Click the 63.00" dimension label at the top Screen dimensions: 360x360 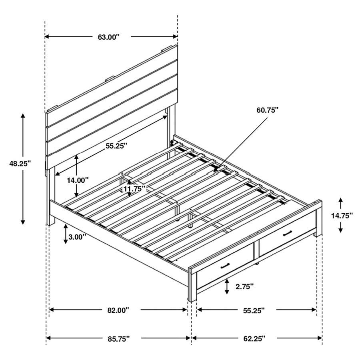click(109, 37)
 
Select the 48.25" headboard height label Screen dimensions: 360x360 click(20, 163)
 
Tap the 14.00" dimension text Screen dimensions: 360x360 click(77, 180)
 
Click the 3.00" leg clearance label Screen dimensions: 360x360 click(77, 237)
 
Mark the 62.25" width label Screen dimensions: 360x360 click(254, 339)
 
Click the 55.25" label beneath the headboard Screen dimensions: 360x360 click(116, 146)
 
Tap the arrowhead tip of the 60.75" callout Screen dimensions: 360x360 click(215, 171)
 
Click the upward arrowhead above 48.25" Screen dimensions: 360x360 click(23, 116)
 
